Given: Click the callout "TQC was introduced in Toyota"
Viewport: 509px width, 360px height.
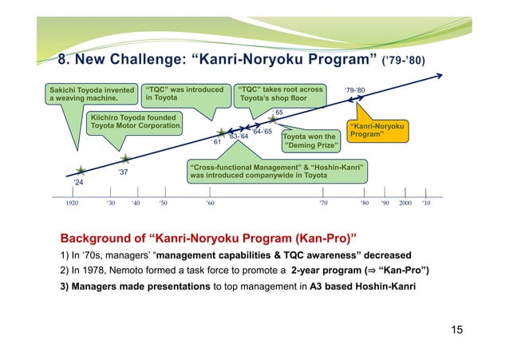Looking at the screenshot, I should pyautogui.click(x=184, y=94).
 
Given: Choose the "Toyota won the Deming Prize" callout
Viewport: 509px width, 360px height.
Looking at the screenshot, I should pyautogui.click(x=310, y=141).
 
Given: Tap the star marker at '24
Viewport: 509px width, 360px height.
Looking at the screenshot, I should pyautogui.click(x=81, y=171).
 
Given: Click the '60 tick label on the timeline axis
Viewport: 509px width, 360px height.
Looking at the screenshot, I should pyautogui.click(x=209, y=204).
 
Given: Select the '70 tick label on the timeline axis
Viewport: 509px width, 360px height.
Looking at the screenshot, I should pyautogui.click(x=323, y=204).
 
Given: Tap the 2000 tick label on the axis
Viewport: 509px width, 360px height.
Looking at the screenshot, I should pyautogui.click(x=406, y=204).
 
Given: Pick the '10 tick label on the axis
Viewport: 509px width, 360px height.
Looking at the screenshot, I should pyautogui.click(x=427, y=204).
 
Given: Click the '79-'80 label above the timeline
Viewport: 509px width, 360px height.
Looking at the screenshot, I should pyautogui.click(x=355, y=90).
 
